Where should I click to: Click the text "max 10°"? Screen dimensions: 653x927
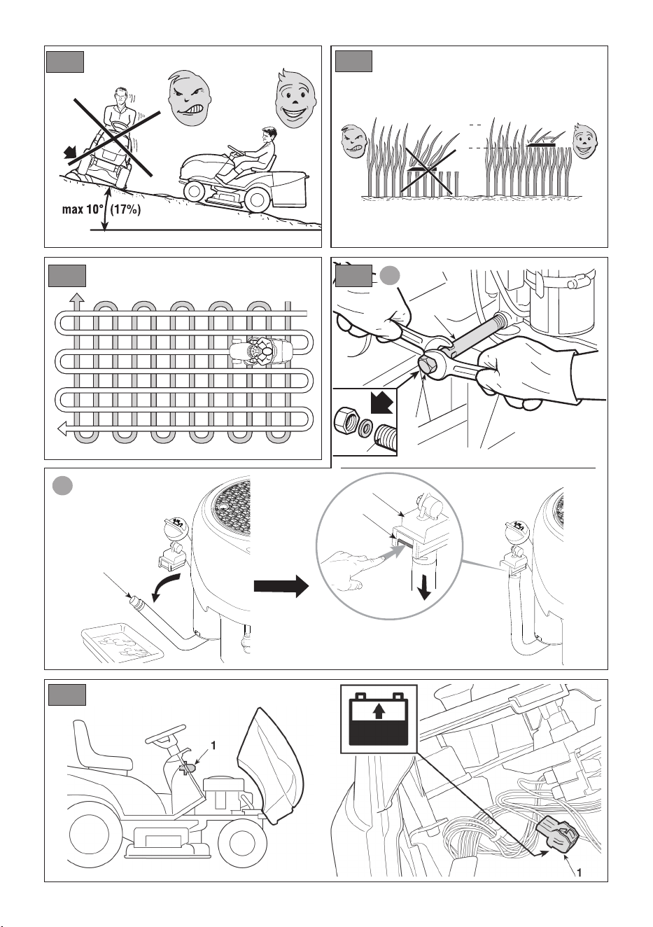(83, 209)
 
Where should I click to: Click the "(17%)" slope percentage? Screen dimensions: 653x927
(126, 209)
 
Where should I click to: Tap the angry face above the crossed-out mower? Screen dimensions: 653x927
(189, 98)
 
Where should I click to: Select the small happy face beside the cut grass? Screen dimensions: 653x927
(585, 141)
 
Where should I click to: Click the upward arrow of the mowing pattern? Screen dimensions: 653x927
(76, 300)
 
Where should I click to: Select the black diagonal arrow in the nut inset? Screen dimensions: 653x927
(381, 403)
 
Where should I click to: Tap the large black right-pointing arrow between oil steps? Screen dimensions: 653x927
(281, 586)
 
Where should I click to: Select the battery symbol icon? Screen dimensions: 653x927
(379, 719)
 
